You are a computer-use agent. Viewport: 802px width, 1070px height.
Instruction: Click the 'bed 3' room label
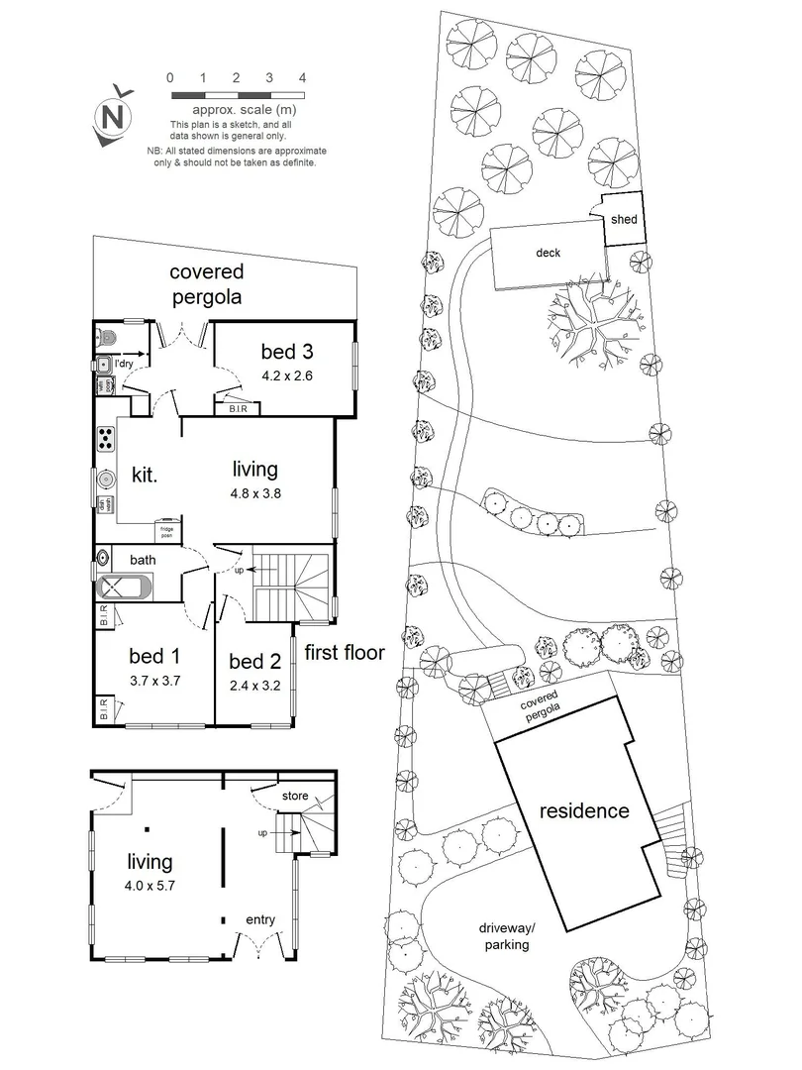287,351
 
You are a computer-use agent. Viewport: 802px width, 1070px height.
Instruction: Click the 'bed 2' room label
254,662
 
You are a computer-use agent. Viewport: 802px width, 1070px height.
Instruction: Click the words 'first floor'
345,652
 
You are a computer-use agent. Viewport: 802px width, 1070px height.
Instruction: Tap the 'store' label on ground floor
295,796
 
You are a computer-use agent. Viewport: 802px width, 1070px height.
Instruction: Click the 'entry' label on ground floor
260,920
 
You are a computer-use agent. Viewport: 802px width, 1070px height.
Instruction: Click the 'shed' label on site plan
624,220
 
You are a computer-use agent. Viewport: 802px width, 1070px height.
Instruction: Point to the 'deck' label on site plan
548,253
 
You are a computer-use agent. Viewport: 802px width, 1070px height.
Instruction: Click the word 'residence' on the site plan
583,810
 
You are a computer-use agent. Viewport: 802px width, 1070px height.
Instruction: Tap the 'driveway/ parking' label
506,936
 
